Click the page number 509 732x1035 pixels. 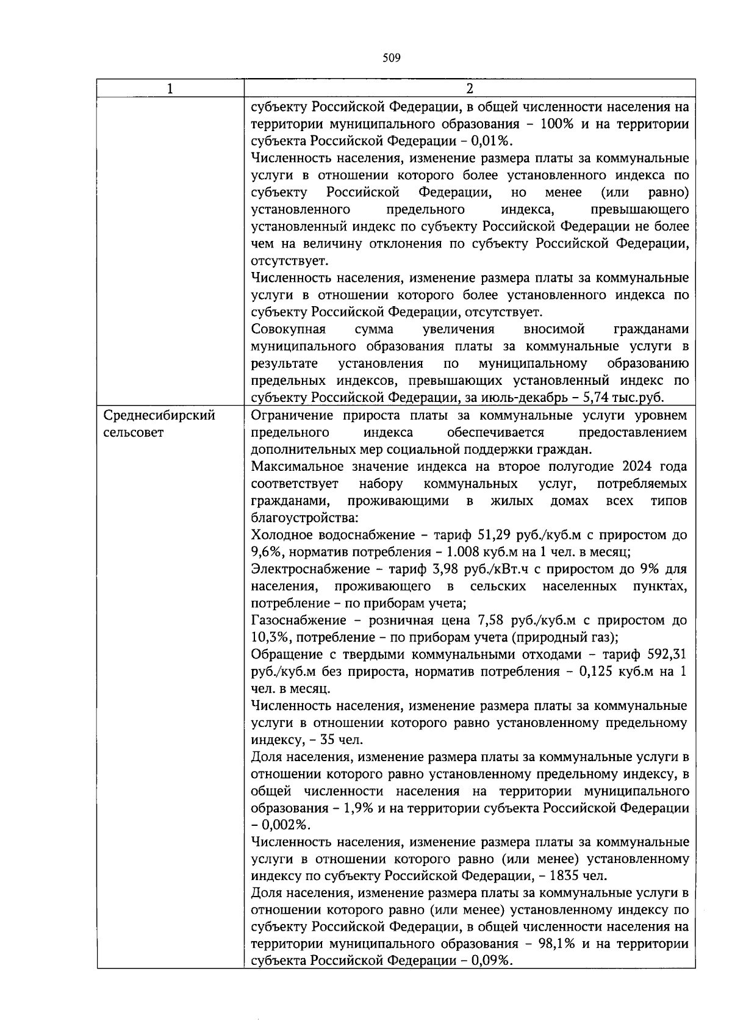point(391,59)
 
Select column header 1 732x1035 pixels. point(170,89)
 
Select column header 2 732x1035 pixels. point(469,89)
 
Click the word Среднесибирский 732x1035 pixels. point(160,416)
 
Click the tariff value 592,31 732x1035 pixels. point(667,655)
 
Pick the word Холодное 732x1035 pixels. point(281,535)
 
